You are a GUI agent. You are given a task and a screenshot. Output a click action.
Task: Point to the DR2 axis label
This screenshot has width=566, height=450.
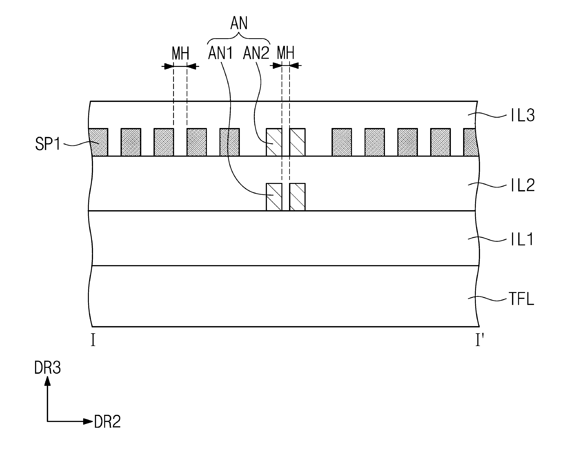pos(107,422)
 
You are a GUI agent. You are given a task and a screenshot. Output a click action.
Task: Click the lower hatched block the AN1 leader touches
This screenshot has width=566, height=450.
pos(274,197)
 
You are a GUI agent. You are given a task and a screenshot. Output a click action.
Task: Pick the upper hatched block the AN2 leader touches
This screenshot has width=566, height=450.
pos(274,142)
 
